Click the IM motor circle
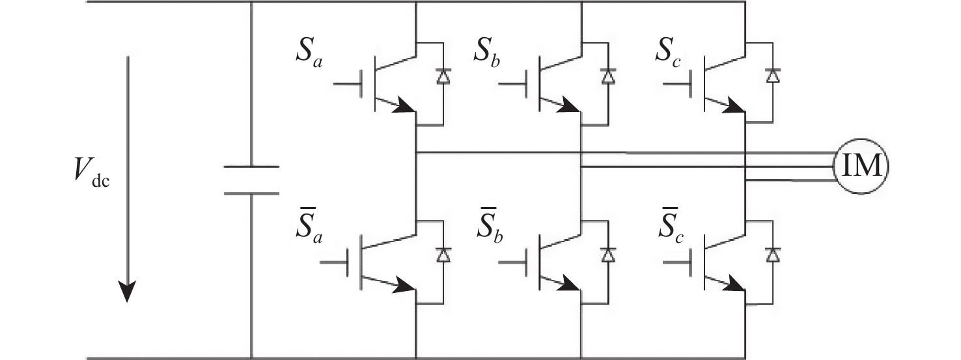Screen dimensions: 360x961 click(x=861, y=167)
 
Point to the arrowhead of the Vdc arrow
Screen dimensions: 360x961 click(x=128, y=292)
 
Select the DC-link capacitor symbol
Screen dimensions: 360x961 click(x=251, y=180)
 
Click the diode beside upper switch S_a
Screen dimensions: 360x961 click(x=443, y=77)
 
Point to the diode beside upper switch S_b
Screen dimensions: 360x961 click(x=608, y=77)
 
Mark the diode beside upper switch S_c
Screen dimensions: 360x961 click(x=773, y=77)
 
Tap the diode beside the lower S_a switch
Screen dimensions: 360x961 click(x=443, y=256)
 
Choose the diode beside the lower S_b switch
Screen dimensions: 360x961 click(x=608, y=256)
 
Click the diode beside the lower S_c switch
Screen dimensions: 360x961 click(x=773, y=256)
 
